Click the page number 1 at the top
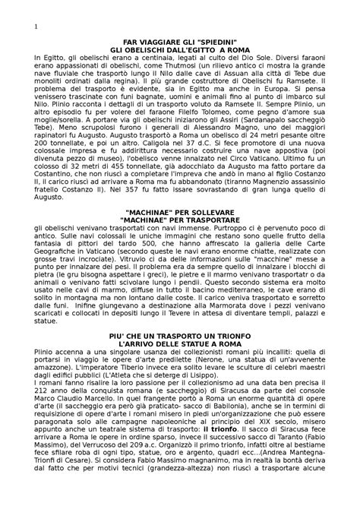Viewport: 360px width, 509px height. pos(36,28)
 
